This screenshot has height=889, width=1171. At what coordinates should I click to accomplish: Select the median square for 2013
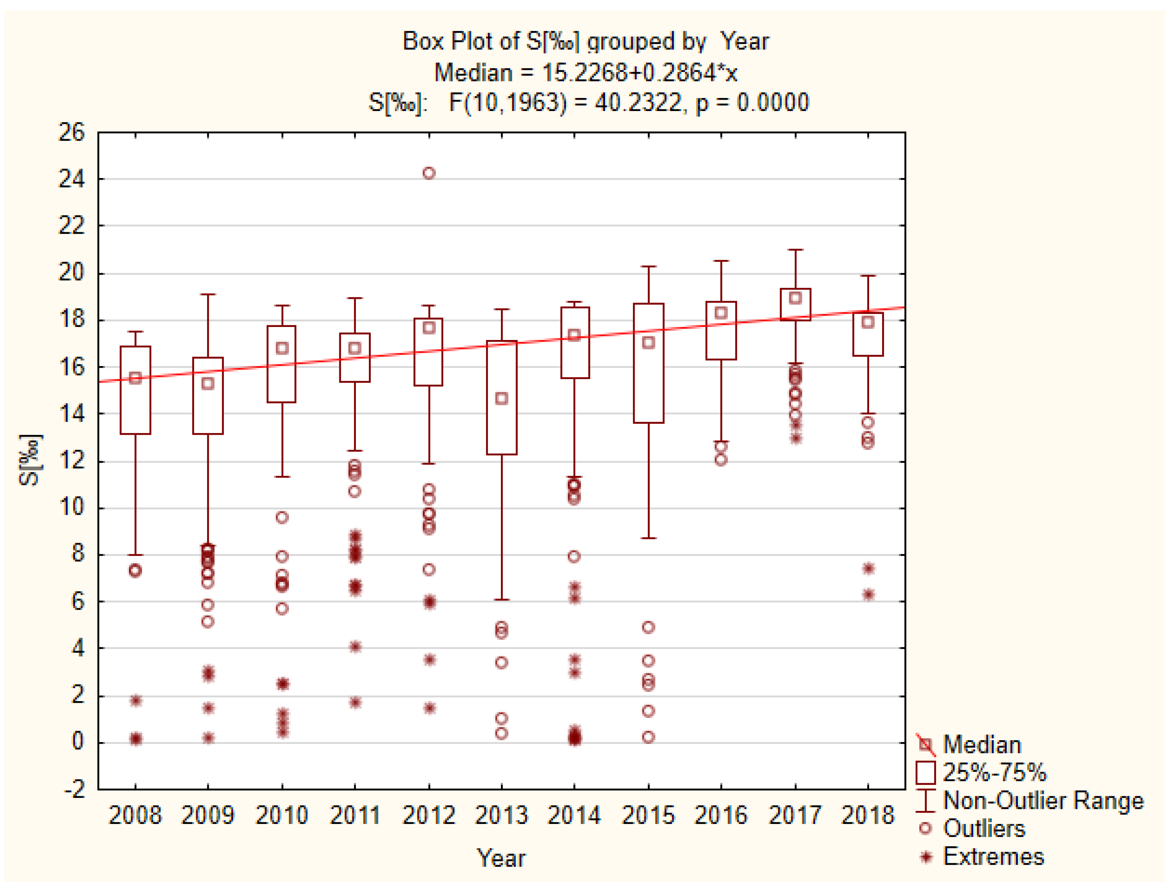(x=501, y=399)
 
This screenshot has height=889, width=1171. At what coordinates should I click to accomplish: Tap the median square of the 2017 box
(x=795, y=298)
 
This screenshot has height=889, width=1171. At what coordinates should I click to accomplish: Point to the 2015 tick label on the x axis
(x=648, y=815)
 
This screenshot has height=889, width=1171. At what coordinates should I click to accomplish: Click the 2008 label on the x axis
(x=135, y=815)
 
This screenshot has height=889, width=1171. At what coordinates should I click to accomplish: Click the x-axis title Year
(x=501, y=858)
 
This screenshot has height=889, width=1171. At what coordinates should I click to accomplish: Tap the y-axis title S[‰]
(x=29, y=460)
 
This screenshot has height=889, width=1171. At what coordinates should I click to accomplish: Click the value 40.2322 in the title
(x=638, y=102)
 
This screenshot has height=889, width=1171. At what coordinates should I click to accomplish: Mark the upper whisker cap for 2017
(x=795, y=250)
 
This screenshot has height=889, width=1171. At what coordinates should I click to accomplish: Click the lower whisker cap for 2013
(x=501, y=599)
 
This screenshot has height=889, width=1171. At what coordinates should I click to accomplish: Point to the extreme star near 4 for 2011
(x=355, y=646)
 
